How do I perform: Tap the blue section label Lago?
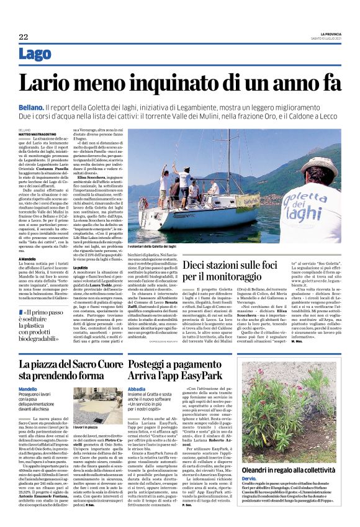coord(35,55)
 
